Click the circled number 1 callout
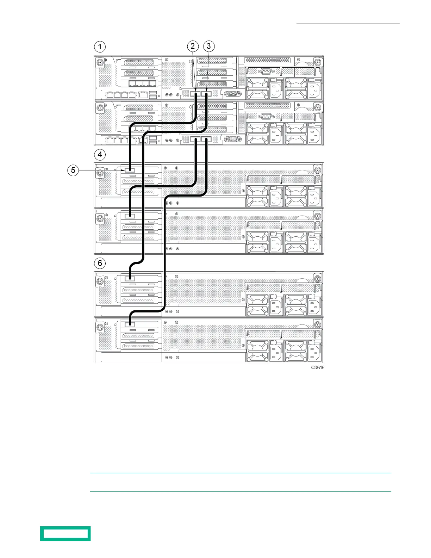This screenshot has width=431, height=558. [x=100, y=47]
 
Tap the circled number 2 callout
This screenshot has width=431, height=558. [x=193, y=46]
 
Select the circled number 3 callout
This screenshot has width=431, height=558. [x=209, y=46]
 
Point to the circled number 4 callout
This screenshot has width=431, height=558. [x=100, y=155]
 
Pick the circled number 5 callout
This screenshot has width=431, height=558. [x=73, y=170]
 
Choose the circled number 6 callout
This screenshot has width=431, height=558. [x=100, y=263]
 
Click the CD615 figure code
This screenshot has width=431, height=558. [x=318, y=367]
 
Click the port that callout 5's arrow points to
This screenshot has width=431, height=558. [x=130, y=170]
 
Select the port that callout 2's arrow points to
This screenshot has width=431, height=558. [x=195, y=94]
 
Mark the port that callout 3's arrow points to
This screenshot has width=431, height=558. [x=206, y=94]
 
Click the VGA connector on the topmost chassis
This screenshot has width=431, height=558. [x=232, y=94]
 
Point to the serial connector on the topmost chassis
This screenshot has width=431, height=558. [x=266, y=71]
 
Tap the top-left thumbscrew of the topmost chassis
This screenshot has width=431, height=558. [x=100, y=62]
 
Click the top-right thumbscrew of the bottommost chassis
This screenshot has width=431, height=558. [x=318, y=325]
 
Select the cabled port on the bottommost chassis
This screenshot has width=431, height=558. [x=130, y=324]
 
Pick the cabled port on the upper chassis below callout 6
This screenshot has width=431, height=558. [x=130, y=279]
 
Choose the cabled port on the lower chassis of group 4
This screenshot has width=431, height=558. [x=130, y=216]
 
